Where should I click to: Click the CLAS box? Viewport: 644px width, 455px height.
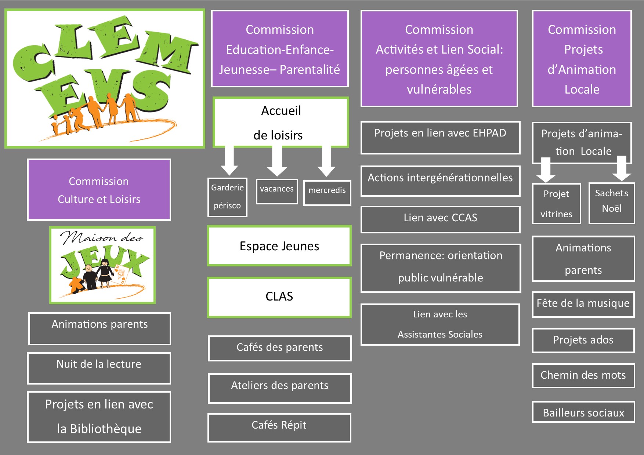[279, 297]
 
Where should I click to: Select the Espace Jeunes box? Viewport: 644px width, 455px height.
[279, 246]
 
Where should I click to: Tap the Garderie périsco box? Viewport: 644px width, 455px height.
[227, 197]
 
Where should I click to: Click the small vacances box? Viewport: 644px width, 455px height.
[277, 191]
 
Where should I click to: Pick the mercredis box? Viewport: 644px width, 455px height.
[327, 193]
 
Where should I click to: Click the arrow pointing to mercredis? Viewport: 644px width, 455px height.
[326, 161]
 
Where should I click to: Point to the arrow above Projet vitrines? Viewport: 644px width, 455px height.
[546, 170]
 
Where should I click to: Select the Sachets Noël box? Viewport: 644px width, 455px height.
[612, 203]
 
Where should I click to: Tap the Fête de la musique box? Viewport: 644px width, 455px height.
[583, 305]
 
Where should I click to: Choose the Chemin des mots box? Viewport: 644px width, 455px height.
[583, 376]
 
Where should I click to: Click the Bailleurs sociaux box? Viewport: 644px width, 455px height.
[583, 412]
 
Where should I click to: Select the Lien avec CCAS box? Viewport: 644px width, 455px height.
[441, 219]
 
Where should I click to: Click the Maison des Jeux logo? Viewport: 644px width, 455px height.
[102, 265]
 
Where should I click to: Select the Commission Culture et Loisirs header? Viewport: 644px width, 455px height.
[99, 190]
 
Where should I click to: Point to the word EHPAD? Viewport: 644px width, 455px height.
[489, 133]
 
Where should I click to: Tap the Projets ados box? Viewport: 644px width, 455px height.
[583, 341]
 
